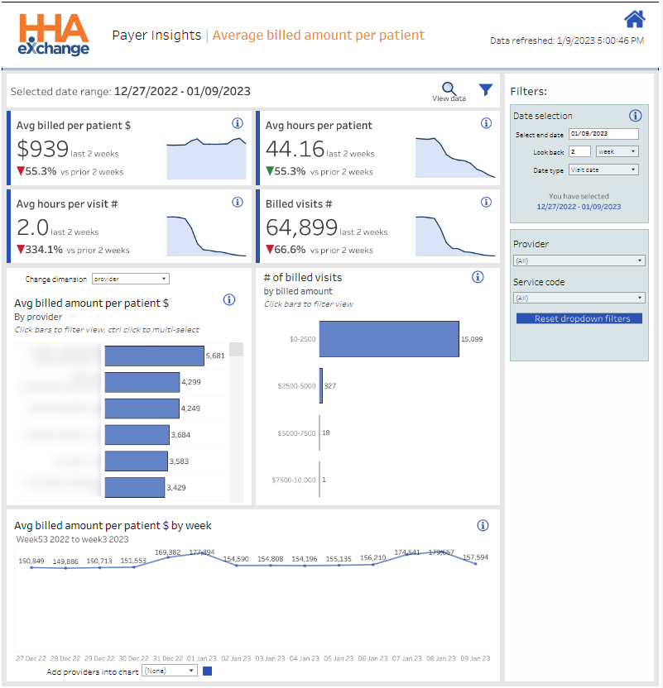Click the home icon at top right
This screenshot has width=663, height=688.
point(635,19)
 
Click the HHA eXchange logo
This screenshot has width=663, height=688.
point(55,35)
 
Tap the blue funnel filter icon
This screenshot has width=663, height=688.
point(486,89)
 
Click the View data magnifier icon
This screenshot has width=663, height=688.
point(449,88)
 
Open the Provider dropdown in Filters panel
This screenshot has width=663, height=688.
point(579,260)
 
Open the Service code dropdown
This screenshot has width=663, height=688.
point(579,298)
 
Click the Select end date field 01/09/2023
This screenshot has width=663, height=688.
point(603,134)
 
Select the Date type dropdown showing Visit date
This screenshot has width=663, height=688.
point(603,170)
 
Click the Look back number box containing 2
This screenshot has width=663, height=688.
point(579,151)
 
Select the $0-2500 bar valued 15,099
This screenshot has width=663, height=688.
point(389,339)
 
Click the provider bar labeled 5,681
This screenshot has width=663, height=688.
point(154,356)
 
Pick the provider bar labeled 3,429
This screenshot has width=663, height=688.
point(134,487)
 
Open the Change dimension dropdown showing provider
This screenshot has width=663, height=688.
point(131,279)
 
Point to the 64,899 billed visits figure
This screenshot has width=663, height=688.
point(301,227)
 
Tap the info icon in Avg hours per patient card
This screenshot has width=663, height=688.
point(486,123)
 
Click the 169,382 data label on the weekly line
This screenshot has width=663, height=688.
point(168,552)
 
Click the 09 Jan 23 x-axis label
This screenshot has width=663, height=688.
point(474,659)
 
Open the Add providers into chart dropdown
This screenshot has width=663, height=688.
point(170,671)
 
